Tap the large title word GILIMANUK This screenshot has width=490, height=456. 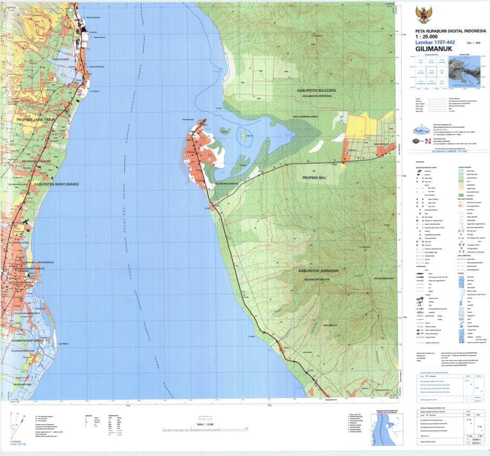point(435,48)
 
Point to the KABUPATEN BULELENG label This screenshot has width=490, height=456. point(318,90)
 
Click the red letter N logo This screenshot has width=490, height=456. point(428,140)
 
